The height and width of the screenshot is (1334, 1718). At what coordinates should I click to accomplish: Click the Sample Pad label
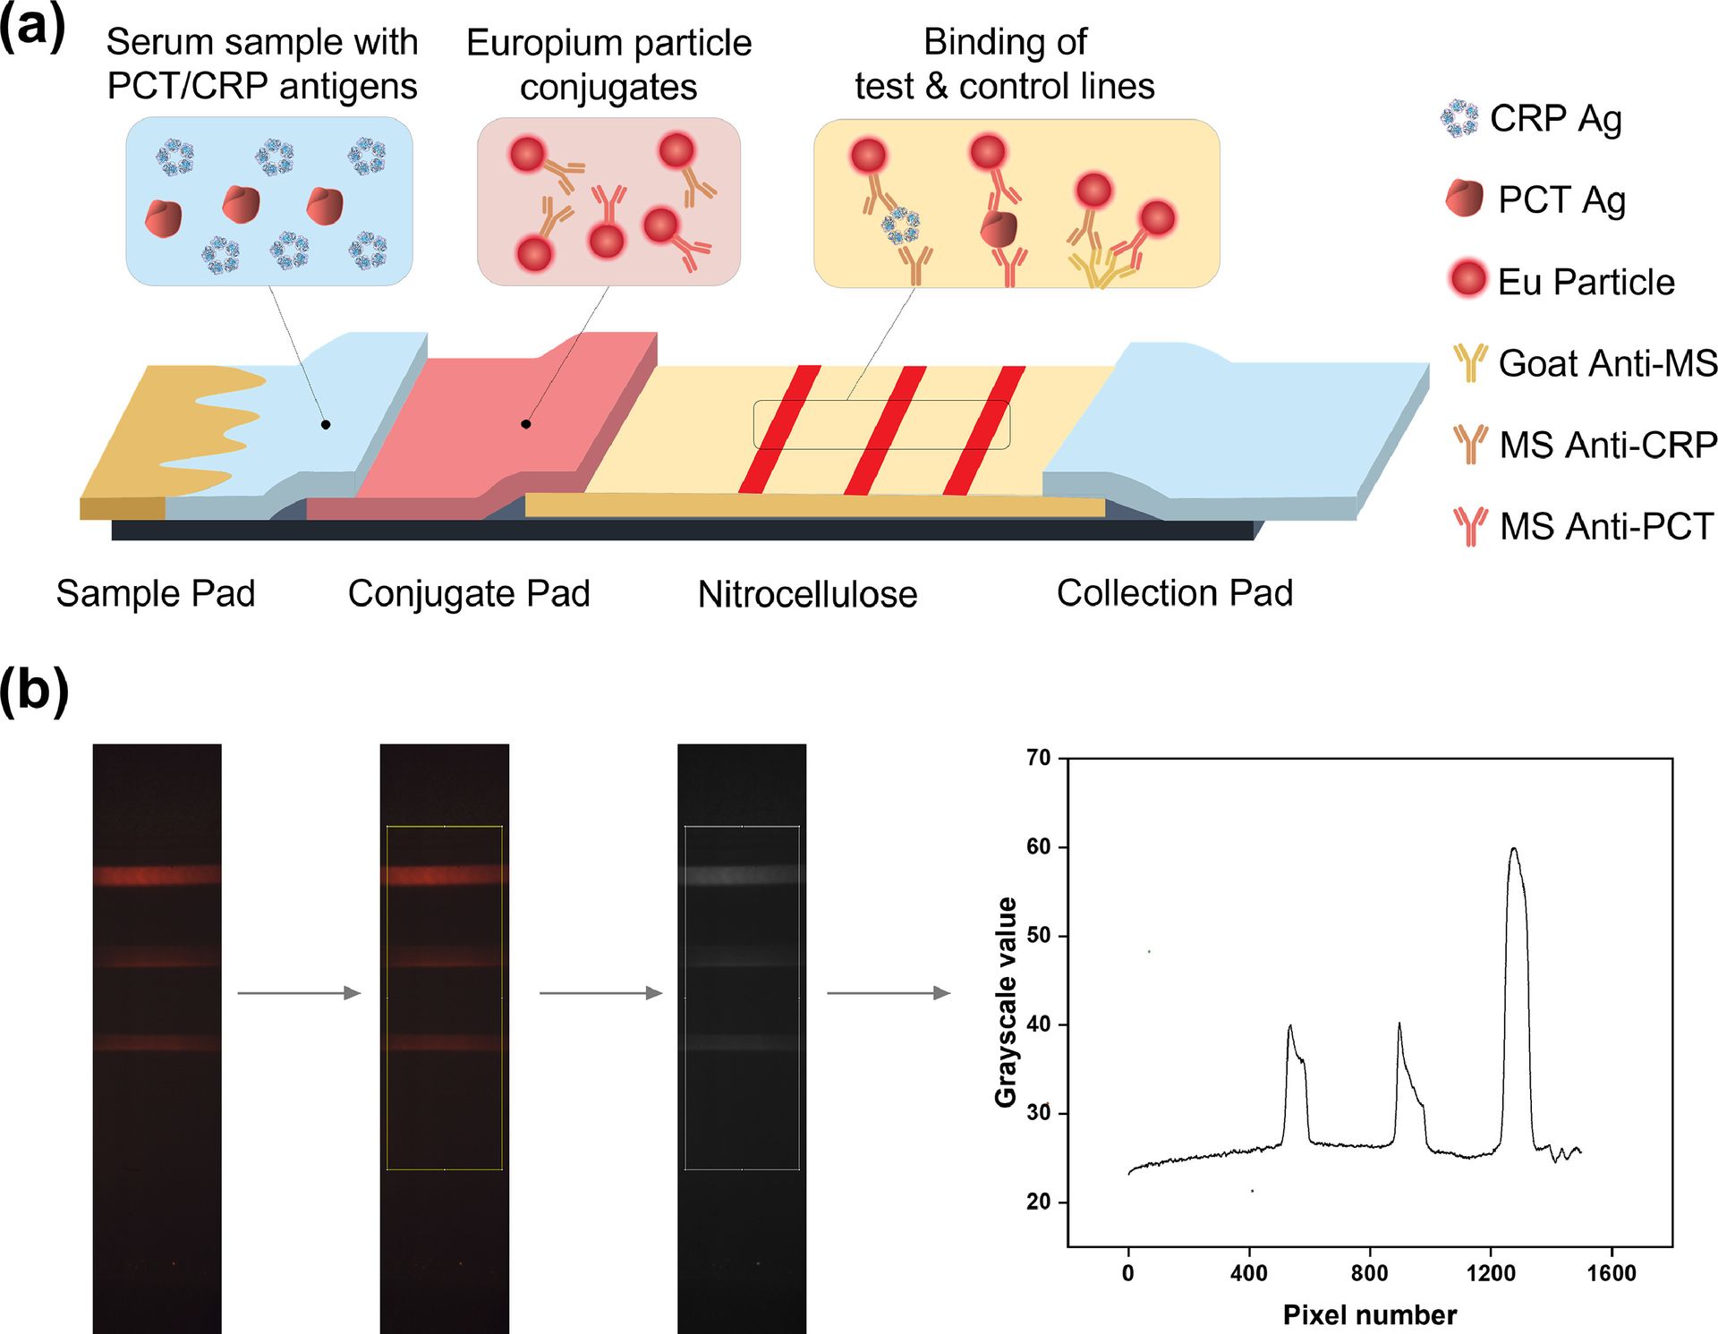[x=156, y=593]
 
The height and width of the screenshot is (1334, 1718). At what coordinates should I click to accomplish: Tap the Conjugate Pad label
[x=469, y=593]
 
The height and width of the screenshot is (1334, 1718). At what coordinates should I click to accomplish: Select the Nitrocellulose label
[x=807, y=594]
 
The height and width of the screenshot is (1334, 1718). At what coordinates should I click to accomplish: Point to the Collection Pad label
[x=1175, y=592]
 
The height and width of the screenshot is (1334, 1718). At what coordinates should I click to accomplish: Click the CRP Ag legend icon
[x=1460, y=118]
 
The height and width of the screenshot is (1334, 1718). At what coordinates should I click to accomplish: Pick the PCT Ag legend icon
[x=1464, y=199]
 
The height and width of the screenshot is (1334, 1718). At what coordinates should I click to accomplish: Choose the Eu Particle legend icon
[x=1467, y=279]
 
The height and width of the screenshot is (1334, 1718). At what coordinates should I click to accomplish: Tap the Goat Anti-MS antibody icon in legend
[x=1470, y=362]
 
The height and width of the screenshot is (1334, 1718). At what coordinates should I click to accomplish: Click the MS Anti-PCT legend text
[x=1606, y=526]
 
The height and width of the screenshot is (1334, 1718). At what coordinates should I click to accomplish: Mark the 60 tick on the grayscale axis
[x=1039, y=846]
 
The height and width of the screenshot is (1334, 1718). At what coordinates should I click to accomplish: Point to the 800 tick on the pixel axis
[x=1369, y=1272]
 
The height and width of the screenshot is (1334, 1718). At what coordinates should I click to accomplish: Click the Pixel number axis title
[x=1369, y=1314]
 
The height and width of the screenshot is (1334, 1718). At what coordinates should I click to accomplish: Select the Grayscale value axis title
[x=1007, y=1002]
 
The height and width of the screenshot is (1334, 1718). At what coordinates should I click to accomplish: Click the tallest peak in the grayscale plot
[x=1513, y=850]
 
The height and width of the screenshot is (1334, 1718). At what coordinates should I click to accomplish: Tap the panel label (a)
[x=33, y=27]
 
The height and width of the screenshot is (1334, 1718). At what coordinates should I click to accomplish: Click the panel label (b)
[x=33, y=691]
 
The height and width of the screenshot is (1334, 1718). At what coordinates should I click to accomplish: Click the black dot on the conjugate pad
[x=526, y=424]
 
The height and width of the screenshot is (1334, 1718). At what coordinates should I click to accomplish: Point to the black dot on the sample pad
[x=326, y=424]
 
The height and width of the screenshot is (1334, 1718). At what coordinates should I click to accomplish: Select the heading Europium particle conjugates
[x=608, y=64]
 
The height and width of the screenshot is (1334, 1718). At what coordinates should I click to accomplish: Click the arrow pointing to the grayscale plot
[x=888, y=993]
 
